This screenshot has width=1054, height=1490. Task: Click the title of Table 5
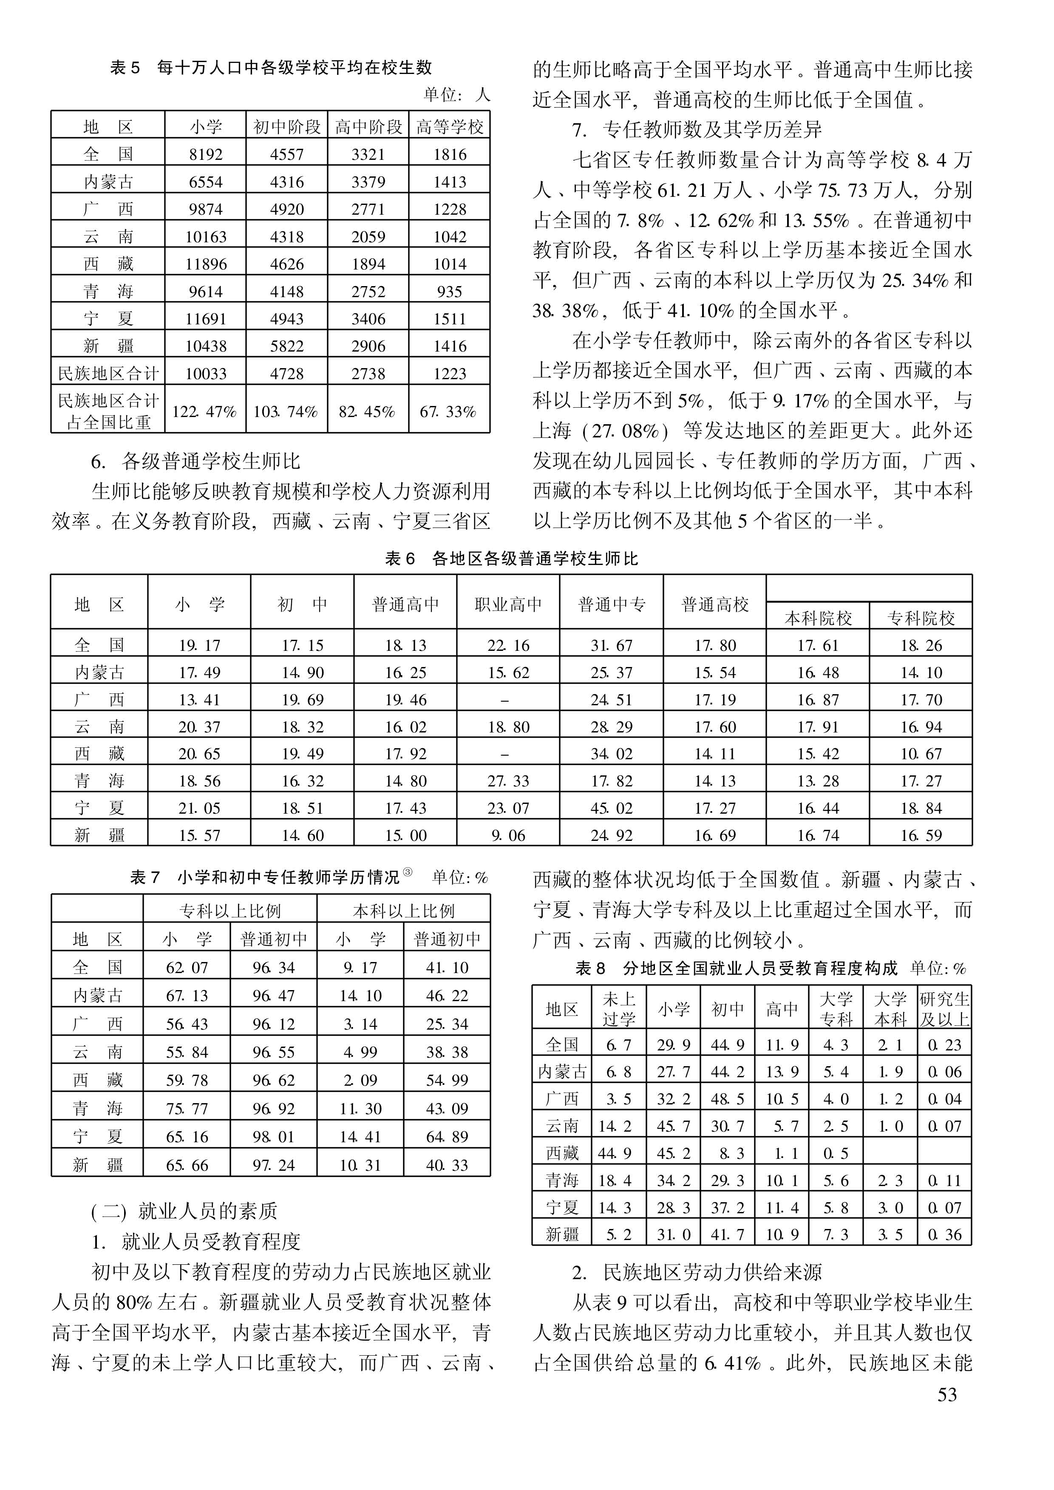(271, 68)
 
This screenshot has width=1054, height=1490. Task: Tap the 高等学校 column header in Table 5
(450, 127)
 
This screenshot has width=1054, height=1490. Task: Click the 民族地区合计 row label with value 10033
(108, 373)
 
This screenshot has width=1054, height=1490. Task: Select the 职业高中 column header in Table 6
(508, 605)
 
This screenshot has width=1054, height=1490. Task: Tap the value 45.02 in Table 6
(612, 808)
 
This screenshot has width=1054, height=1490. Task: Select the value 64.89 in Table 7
(447, 1136)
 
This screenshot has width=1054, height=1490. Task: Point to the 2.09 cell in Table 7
(360, 1080)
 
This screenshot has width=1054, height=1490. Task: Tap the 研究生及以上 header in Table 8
(944, 1009)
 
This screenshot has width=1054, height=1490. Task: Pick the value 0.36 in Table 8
(944, 1234)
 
